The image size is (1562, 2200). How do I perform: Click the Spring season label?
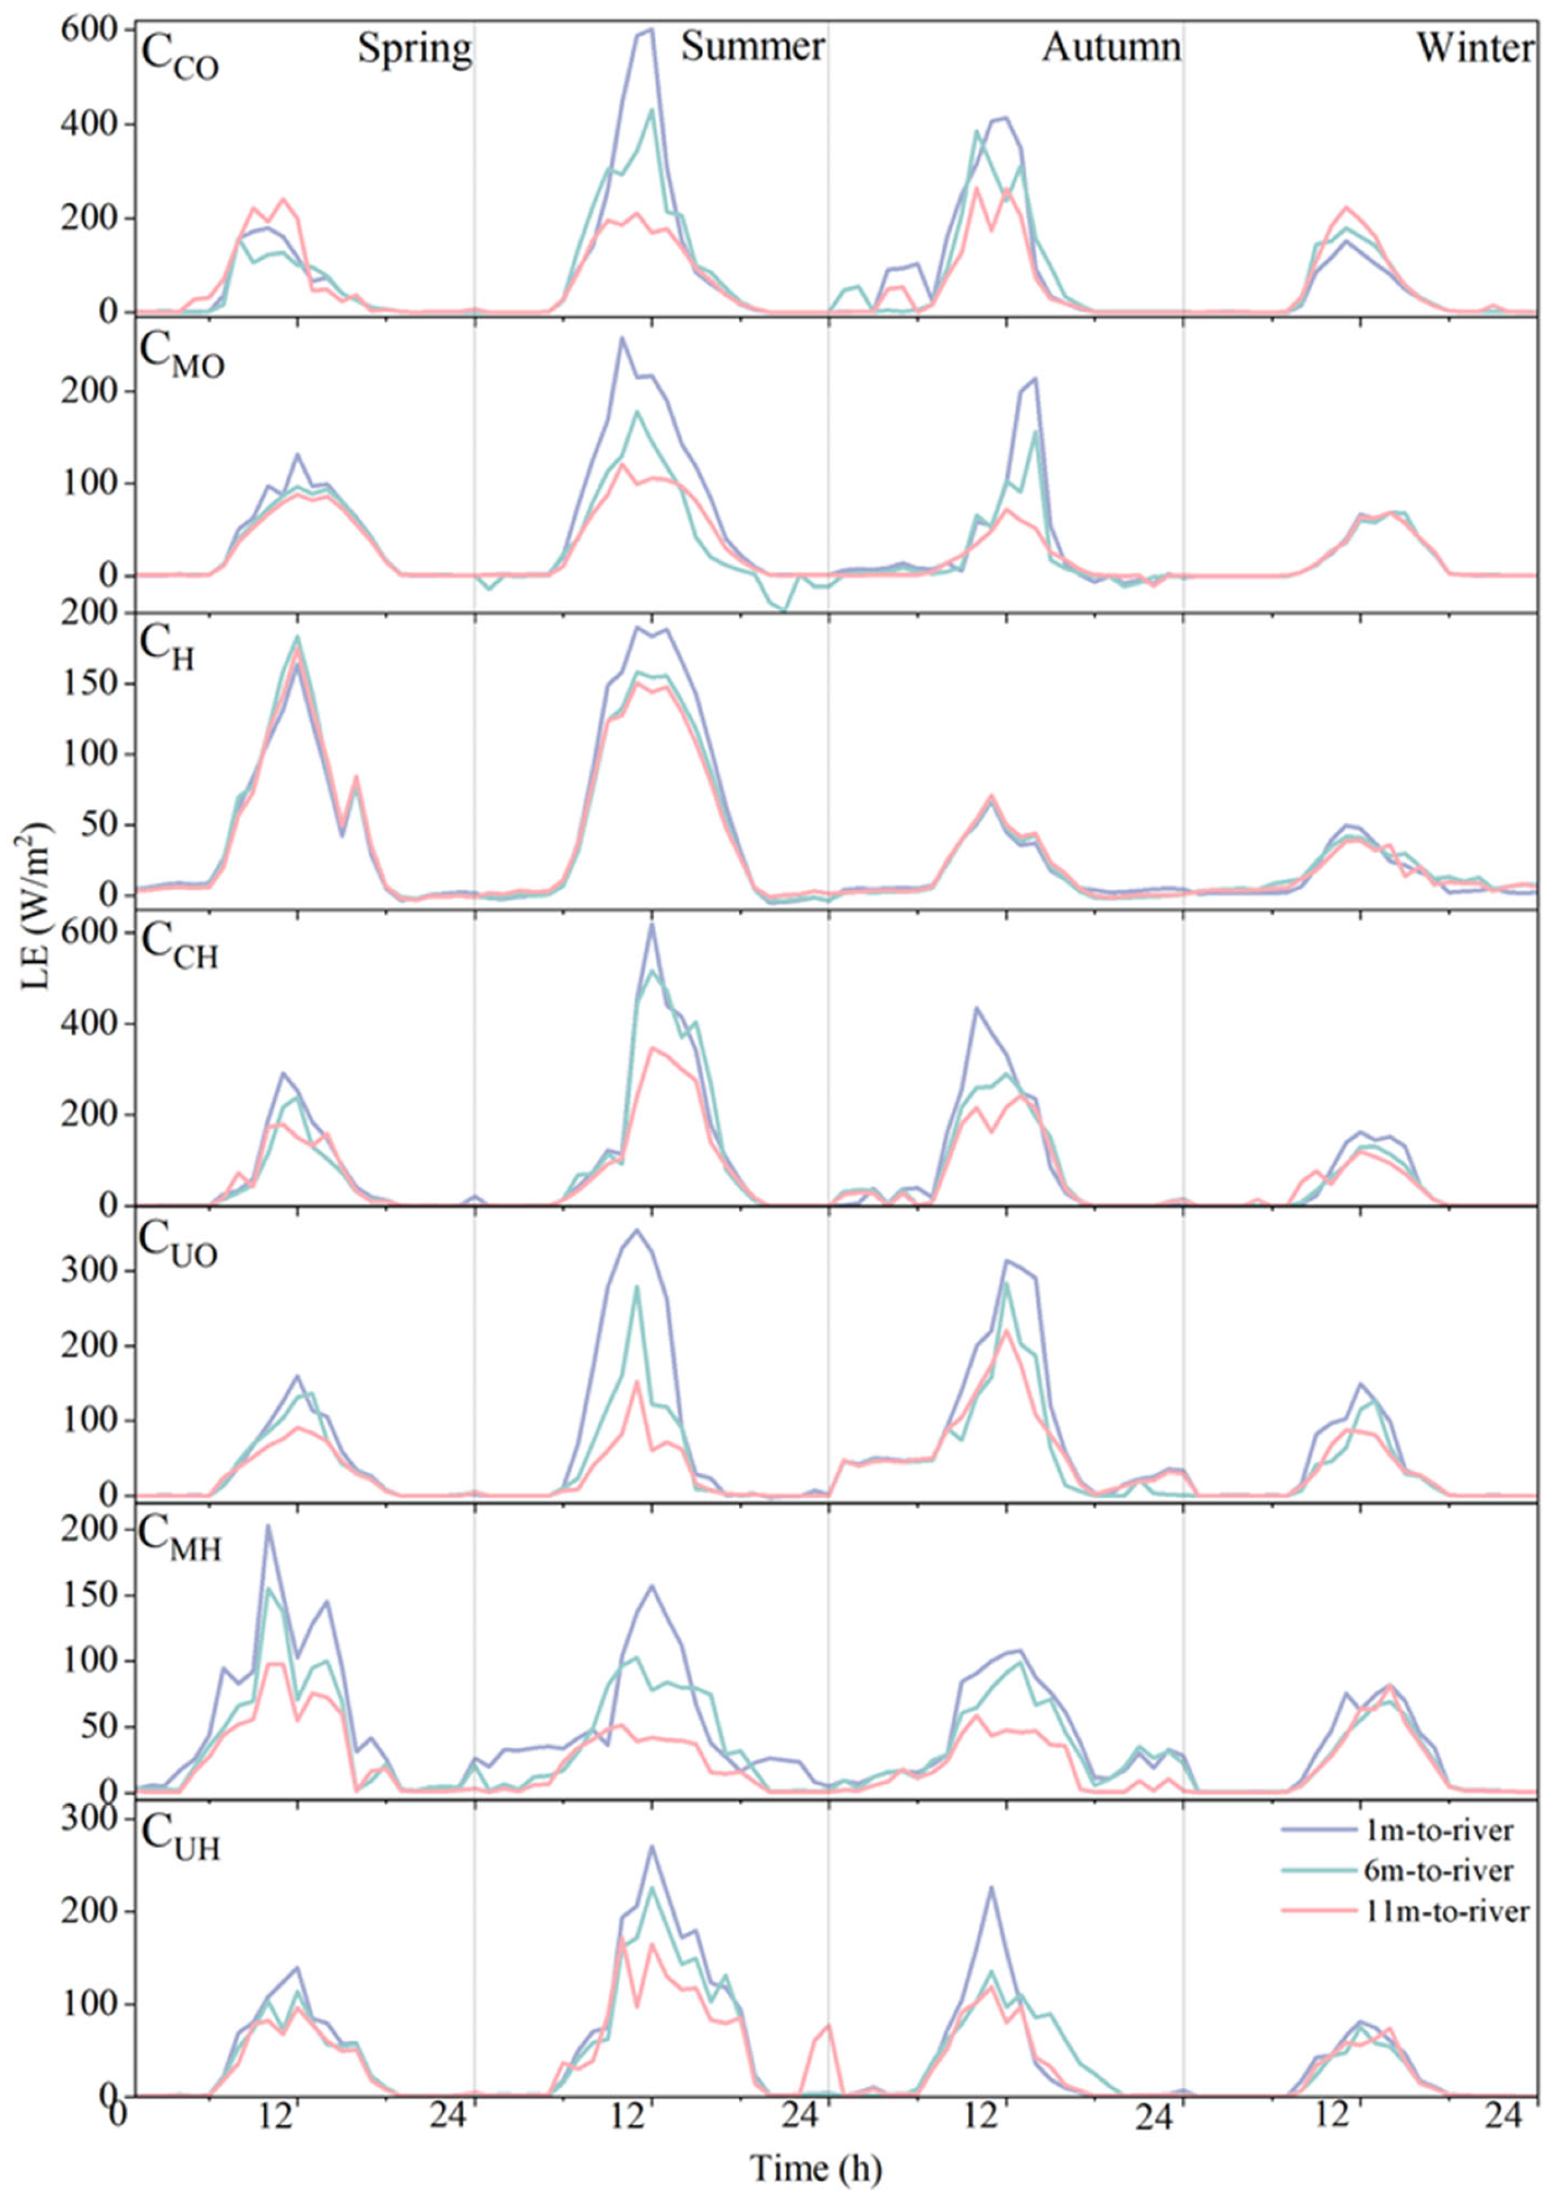click(415, 48)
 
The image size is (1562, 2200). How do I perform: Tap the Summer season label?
click(753, 46)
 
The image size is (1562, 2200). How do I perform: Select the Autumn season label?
click(1112, 46)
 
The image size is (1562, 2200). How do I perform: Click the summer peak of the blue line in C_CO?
click(651, 30)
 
